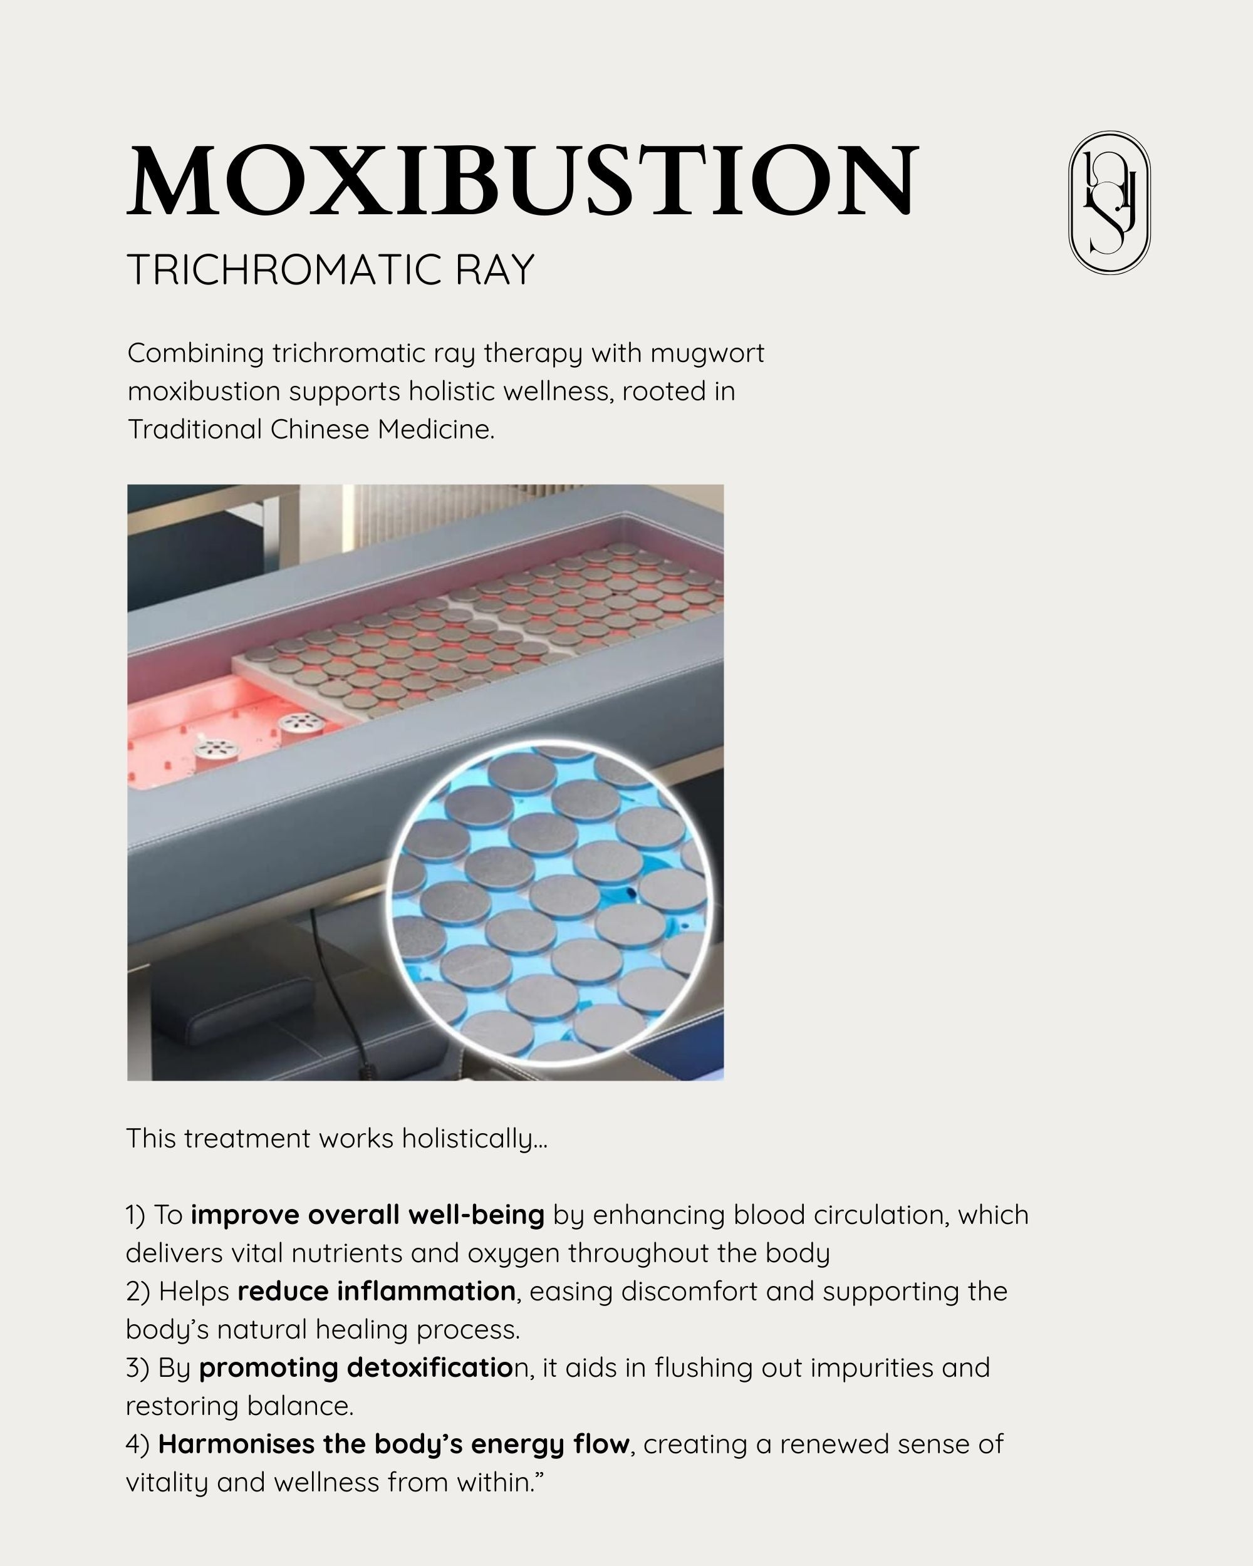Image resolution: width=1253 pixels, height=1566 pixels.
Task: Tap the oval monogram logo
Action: point(1109,203)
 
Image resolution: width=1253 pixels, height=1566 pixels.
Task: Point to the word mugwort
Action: point(707,354)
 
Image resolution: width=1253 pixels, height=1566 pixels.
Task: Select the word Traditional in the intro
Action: point(194,430)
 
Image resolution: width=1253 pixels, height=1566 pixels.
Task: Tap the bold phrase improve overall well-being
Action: point(368,1215)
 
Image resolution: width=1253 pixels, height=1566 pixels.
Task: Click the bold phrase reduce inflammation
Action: point(377,1292)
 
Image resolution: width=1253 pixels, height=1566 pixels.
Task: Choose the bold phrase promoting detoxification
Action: point(356,1367)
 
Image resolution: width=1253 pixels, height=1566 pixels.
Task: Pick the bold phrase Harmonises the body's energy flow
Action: point(393,1444)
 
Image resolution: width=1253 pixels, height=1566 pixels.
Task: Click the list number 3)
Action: point(137,1367)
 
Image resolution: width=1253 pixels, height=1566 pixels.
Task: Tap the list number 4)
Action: point(138,1444)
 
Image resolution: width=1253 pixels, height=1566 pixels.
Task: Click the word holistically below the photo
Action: point(474,1139)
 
